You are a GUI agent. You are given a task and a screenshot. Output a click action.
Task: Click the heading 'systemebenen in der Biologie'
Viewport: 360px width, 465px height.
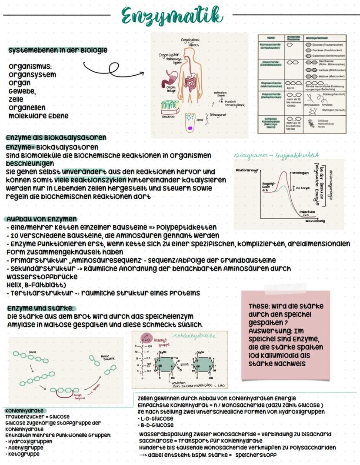point(58,50)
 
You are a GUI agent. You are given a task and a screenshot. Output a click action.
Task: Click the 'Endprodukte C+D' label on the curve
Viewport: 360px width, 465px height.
point(308,213)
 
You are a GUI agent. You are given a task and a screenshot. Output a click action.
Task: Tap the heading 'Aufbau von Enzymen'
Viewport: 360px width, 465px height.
point(42,218)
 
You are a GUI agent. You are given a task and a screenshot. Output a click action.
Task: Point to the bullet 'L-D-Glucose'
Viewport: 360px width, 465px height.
point(157,418)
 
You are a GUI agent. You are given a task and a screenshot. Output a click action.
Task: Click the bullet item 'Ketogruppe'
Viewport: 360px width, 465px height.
point(24,454)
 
